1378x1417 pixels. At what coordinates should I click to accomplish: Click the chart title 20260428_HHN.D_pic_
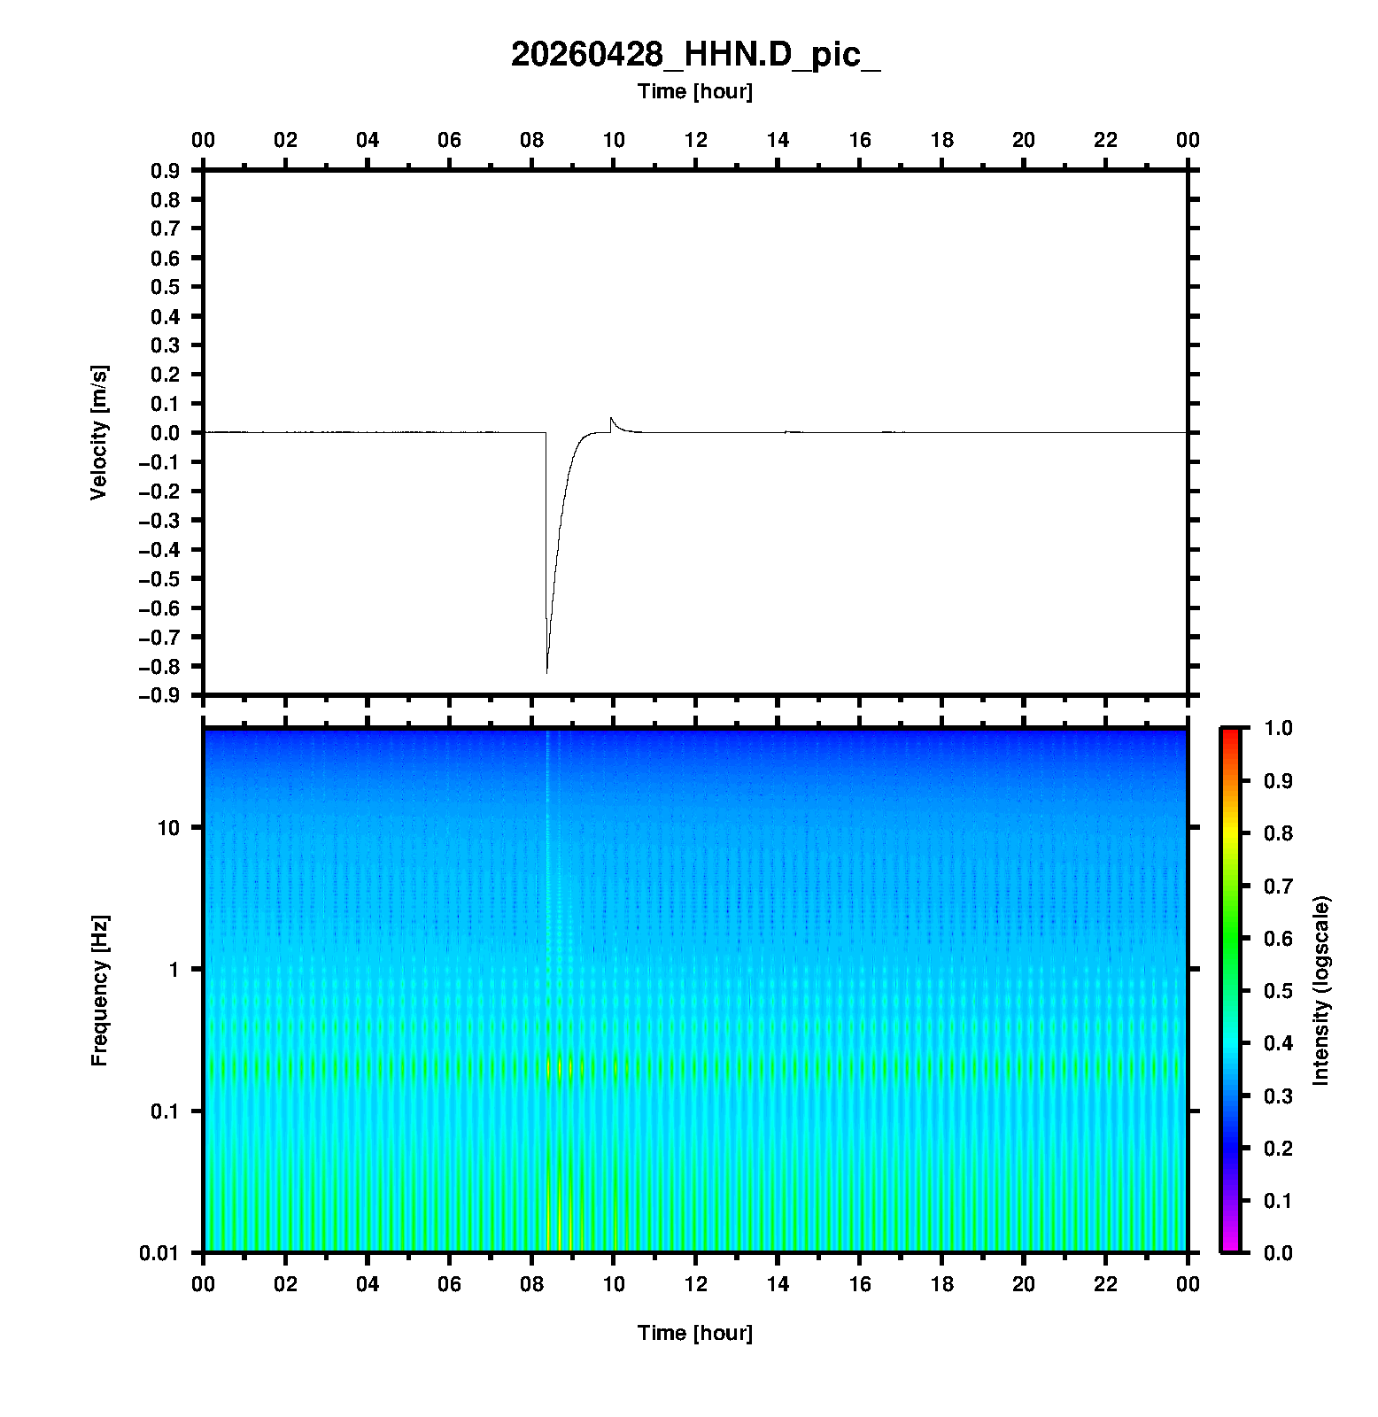point(695,55)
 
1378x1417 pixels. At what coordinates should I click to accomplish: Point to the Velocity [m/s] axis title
point(99,432)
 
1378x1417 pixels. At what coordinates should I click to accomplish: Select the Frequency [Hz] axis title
point(99,991)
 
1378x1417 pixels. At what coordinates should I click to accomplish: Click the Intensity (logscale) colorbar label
point(1321,991)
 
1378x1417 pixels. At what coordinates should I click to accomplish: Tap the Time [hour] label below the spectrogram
point(695,1333)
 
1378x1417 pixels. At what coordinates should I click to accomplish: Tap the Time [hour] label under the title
point(695,91)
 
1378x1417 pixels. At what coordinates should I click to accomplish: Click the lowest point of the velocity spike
point(546,672)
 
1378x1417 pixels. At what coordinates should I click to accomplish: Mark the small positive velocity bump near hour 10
point(611,418)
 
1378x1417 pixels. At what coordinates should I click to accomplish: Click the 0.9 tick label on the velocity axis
point(166,170)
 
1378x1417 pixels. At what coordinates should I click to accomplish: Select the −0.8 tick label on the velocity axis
point(159,666)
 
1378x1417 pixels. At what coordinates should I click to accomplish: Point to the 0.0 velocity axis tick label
point(166,433)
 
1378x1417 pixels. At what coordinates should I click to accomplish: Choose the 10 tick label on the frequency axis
point(168,828)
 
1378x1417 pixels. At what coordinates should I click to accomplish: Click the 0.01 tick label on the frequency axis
point(159,1253)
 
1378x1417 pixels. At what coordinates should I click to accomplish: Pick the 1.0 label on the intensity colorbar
point(1280,728)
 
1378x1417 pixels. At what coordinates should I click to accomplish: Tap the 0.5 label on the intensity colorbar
point(1280,990)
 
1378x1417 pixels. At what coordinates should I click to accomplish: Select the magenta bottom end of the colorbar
point(1230,1247)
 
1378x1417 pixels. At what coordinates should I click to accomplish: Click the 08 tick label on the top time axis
point(531,140)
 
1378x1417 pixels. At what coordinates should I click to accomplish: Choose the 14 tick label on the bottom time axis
point(778,1284)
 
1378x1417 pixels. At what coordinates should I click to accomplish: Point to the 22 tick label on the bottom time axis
point(1106,1284)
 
